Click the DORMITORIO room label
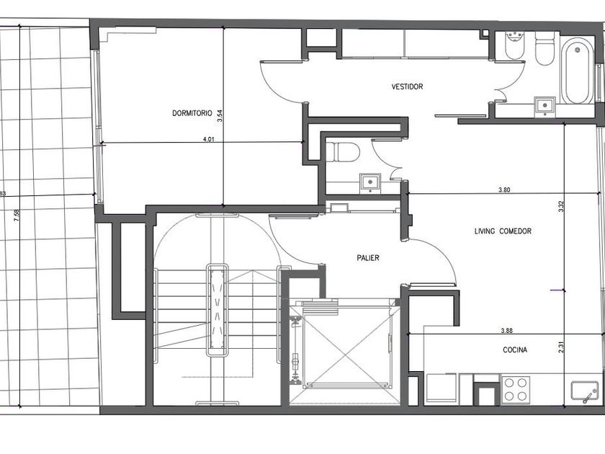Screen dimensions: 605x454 192,113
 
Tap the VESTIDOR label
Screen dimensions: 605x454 407,86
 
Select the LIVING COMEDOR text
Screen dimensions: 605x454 503,231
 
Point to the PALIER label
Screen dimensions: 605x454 368,258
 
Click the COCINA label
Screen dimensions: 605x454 515,350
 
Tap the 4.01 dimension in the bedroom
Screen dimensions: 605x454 208,139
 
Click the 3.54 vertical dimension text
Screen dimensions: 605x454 220,116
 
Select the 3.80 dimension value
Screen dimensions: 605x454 504,190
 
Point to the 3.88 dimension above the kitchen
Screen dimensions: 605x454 506,331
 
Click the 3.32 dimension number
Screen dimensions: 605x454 561,207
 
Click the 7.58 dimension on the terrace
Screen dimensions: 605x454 16,215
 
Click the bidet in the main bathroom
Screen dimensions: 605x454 514,46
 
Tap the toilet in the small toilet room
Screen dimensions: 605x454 343,152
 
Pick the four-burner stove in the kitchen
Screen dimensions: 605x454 516,390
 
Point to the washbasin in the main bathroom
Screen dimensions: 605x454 544,106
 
